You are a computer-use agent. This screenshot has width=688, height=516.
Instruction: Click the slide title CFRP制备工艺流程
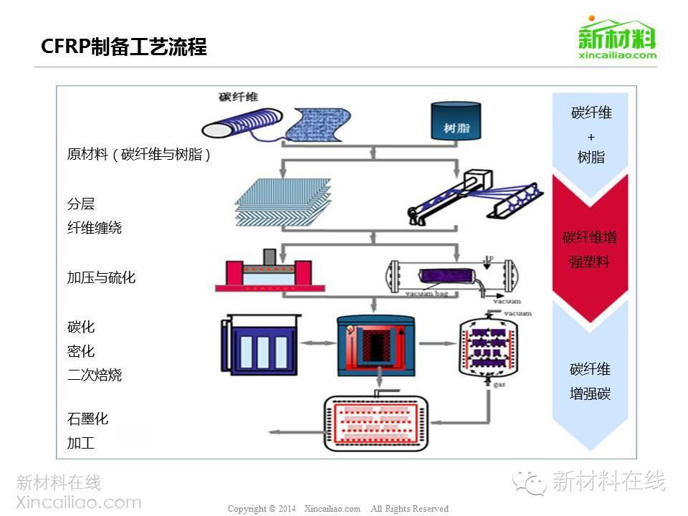tap(124, 47)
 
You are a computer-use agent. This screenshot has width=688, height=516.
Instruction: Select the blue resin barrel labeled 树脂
tap(455, 121)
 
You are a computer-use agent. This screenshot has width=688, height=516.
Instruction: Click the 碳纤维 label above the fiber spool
tap(239, 97)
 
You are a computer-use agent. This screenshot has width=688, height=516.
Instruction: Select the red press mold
tap(264, 272)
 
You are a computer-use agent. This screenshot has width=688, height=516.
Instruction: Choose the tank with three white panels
tap(261, 346)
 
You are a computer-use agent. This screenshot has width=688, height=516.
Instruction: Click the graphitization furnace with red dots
tap(376, 422)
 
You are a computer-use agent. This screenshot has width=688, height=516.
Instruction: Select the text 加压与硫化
tap(101, 277)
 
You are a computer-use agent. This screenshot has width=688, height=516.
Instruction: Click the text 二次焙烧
tap(95, 375)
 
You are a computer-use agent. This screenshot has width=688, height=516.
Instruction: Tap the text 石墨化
tap(87, 419)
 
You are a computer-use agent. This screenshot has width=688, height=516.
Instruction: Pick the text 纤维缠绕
tap(95, 228)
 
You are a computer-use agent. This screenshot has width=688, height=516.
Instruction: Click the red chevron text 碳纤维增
tap(590, 237)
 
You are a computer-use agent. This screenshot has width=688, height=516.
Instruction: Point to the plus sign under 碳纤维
tap(591, 136)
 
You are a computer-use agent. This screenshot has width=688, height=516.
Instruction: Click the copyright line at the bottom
tap(338, 509)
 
